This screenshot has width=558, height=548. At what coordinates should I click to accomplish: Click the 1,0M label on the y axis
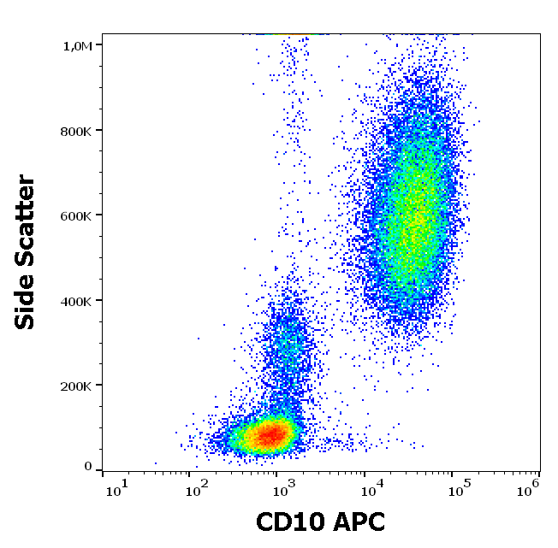(77, 45)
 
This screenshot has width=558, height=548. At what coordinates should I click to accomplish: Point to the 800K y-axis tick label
(76, 131)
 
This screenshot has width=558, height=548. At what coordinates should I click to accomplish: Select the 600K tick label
(76, 215)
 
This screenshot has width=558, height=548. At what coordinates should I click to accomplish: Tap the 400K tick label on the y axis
(76, 301)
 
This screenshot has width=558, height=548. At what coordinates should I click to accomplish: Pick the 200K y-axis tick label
(76, 386)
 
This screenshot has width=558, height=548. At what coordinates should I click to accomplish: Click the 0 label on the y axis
(88, 467)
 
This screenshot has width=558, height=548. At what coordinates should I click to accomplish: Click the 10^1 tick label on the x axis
(117, 489)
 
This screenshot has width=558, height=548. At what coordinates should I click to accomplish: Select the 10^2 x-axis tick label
(198, 489)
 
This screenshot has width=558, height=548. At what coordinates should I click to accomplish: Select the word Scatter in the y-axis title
(27, 217)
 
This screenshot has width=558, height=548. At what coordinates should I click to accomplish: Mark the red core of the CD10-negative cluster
(269, 435)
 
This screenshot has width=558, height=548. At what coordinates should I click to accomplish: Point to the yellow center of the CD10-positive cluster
(413, 224)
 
